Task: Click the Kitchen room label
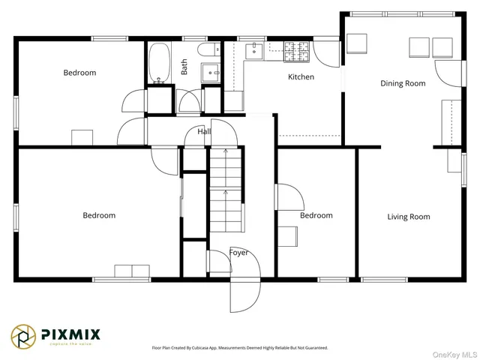(x=301, y=77)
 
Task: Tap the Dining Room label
(x=403, y=83)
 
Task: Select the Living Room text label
(x=409, y=217)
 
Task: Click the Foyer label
(x=238, y=253)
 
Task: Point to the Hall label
(x=203, y=132)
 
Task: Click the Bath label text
(x=184, y=67)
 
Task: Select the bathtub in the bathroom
(x=159, y=63)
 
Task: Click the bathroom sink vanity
(x=211, y=74)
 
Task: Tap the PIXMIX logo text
(x=70, y=334)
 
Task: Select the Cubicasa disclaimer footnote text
(x=240, y=348)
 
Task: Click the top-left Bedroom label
(x=79, y=73)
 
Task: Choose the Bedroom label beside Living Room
(x=316, y=215)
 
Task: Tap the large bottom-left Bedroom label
(x=99, y=215)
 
